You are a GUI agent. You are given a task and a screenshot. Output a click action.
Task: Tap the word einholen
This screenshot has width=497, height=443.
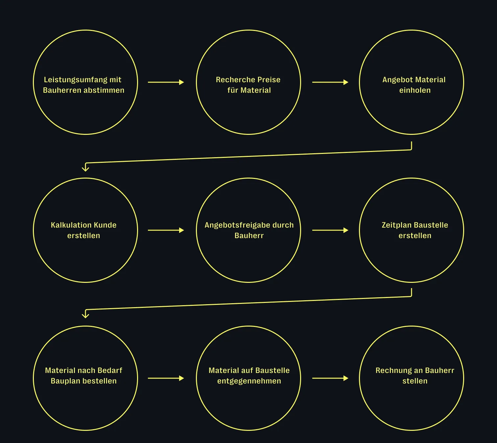tap(415, 90)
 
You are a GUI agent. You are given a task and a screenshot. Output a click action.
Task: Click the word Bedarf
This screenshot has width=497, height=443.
tap(110, 371)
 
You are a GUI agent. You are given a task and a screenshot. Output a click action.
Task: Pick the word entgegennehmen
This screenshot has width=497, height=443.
tap(249, 381)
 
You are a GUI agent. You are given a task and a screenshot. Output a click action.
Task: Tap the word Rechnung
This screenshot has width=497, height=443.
tap(391, 371)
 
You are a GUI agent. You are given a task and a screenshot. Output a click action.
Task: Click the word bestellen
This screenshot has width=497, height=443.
tap(100, 381)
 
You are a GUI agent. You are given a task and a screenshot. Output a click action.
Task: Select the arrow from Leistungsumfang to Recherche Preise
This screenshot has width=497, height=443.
tap(166, 82)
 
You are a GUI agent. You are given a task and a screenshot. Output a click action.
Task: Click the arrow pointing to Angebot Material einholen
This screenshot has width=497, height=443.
tap(330, 82)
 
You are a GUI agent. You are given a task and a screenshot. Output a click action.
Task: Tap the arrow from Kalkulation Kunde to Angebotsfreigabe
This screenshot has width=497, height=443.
tap(166, 230)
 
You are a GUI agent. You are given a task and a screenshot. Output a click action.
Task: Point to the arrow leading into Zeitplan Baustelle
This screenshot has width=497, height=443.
tap(330, 230)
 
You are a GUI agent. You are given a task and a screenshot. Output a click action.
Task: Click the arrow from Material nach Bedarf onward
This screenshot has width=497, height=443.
tap(166, 378)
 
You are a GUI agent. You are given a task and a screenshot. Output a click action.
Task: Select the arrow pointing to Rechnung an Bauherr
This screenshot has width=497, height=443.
tap(330, 378)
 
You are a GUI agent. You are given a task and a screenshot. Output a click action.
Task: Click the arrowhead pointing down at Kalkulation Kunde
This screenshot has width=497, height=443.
tap(85, 169)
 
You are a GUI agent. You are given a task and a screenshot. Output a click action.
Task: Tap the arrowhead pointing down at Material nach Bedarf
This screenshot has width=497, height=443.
tap(85, 315)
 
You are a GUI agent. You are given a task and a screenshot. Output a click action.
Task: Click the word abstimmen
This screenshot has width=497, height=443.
tap(104, 90)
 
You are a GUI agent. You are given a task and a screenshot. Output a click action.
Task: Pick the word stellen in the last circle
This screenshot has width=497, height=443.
tap(415, 381)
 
